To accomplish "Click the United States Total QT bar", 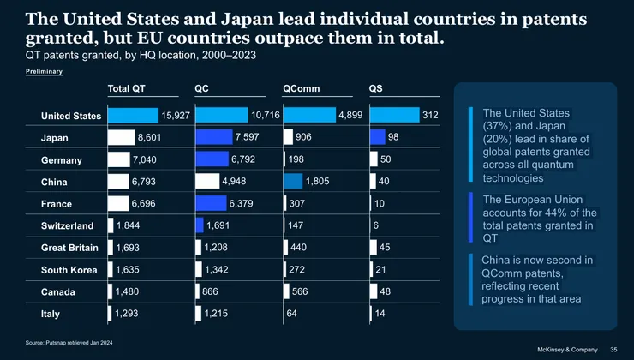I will click(133, 115).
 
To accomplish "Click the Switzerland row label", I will click(68, 226).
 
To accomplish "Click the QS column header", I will click(376, 88).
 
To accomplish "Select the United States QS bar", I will click(394, 115).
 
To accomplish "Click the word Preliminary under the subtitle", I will click(44, 72).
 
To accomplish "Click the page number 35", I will click(613, 349).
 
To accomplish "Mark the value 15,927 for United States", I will click(177, 115).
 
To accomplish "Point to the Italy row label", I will click(51, 315).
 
